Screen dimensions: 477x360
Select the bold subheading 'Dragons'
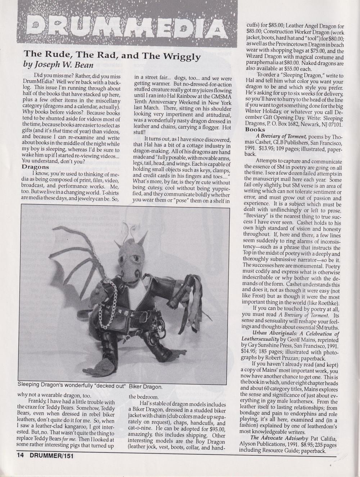coord(35,167)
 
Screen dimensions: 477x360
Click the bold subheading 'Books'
coord(255,129)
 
